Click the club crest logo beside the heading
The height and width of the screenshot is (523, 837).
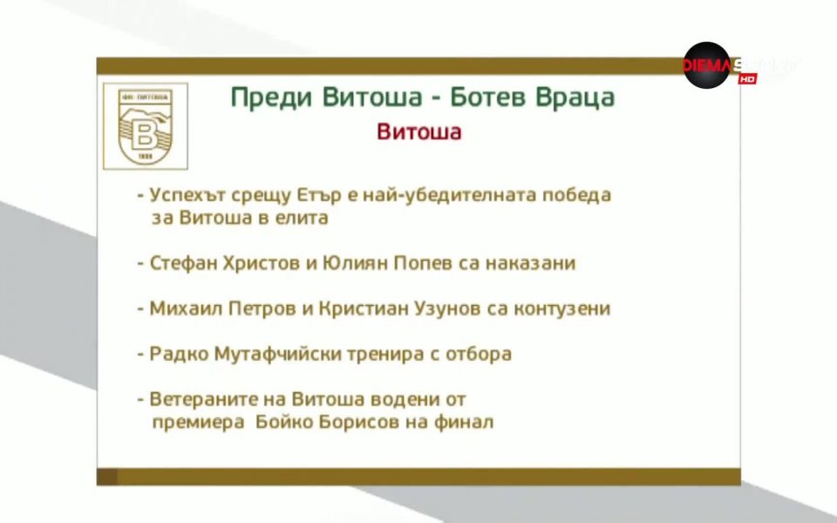tap(145, 126)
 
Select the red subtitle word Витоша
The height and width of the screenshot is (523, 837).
tap(418, 132)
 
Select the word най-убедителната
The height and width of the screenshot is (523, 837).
tap(453, 194)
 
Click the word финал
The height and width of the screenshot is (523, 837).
tap(466, 424)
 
